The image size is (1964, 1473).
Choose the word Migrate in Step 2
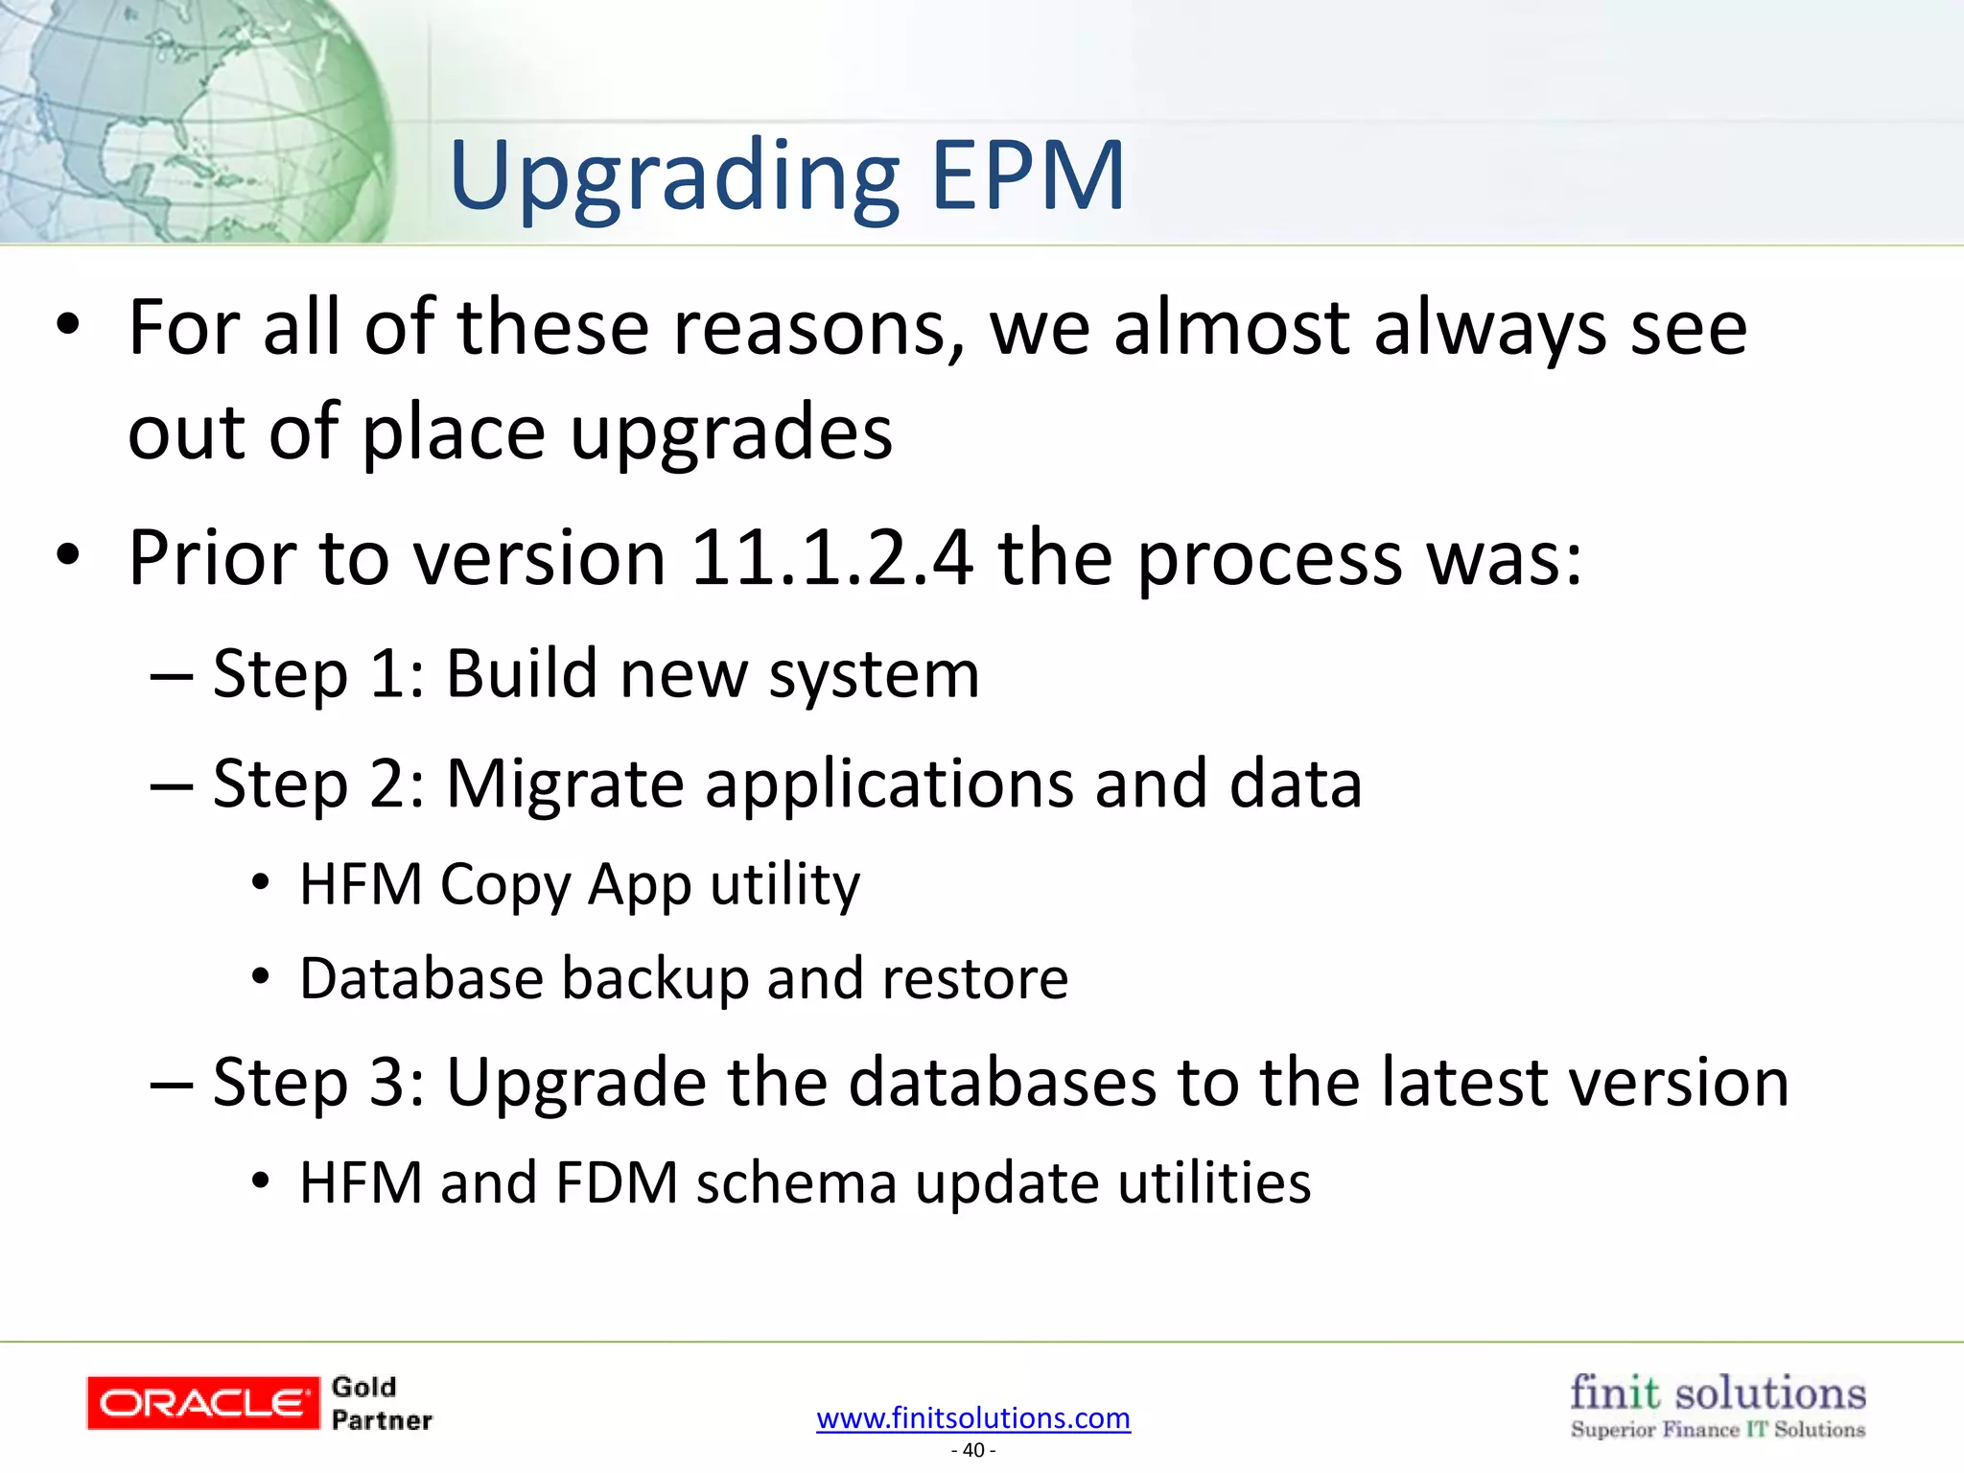[x=564, y=784]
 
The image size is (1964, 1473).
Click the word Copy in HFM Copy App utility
[x=503, y=885]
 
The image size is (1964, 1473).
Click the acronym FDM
[x=617, y=1182]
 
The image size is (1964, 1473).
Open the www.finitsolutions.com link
[x=973, y=1417]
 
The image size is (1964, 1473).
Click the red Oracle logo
[x=203, y=1403]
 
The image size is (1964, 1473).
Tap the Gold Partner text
[x=381, y=1404]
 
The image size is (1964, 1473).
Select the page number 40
[x=973, y=1450]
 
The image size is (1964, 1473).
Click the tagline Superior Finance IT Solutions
[x=1718, y=1430]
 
